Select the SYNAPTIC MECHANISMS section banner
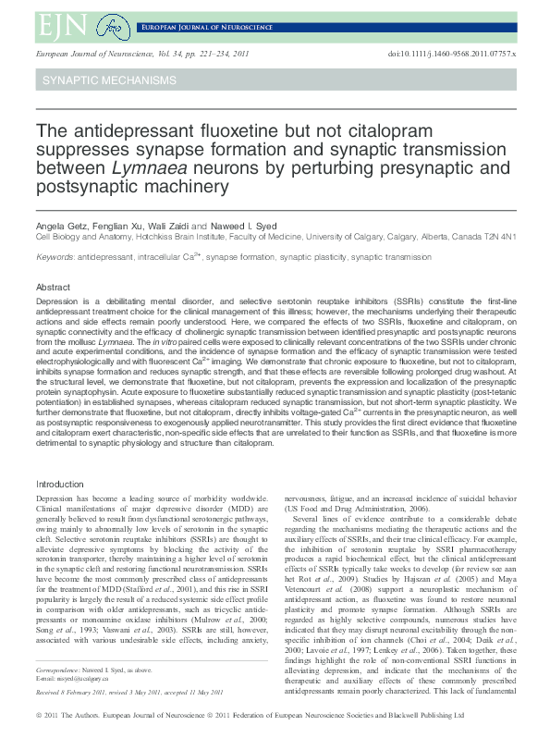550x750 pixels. [x=108, y=80]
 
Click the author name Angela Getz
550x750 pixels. [x=60, y=226]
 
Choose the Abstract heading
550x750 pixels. [x=53, y=288]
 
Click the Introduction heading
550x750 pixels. [x=60, y=485]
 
